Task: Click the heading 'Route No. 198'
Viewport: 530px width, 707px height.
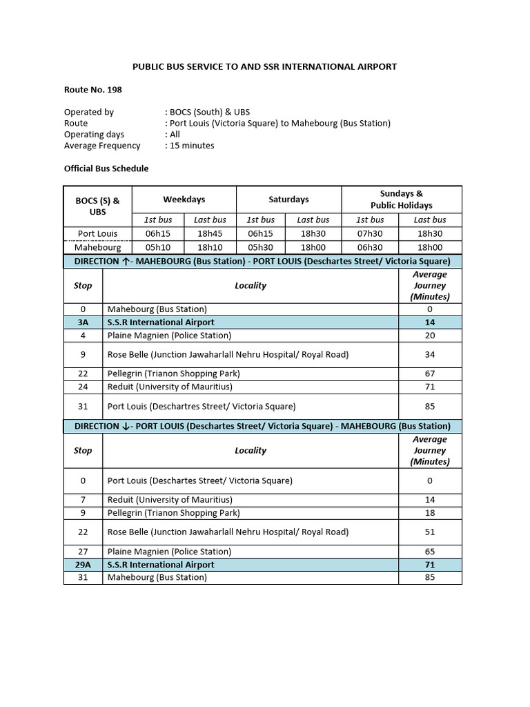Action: pyautogui.click(x=93, y=89)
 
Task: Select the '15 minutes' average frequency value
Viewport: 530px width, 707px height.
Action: pyautogui.click(x=192, y=146)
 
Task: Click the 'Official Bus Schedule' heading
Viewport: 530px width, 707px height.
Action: pyautogui.click(x=106, y=168)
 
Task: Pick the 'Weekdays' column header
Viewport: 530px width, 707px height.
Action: pyautogui.click(x=184, y=199)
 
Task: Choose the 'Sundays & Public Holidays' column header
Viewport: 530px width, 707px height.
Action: pyautogui.click(x=402, y=199)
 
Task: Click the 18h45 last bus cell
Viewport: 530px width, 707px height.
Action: pyautogui.click(x=210, y=233)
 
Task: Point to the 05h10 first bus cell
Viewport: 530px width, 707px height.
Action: pyautogui.click(x=157, y=246)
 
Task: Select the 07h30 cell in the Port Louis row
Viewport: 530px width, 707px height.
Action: pyautogui.click(x=371, y=233)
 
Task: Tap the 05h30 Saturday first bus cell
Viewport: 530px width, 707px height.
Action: pyautogui.click(x=262, y=246)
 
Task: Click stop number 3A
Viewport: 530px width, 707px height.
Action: pyautogui.click(x=83, y=322)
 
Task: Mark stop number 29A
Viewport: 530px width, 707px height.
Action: pyautogui.click(x=83, y=565)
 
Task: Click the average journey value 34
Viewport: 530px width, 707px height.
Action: pyautogui.click(x=430, y=355)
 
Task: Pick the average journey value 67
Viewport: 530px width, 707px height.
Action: pyautogui.click(x=430, y=374)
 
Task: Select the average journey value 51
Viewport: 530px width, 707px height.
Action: pyautogui.click(x=430, y=532)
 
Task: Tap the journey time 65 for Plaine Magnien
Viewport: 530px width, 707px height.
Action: pyautogui.click(x=430, y=552)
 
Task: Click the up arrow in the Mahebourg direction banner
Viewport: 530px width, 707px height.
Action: pyautogui.click(x=125, y=262)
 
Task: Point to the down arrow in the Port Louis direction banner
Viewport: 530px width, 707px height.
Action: pyautogui.click(x=125, y=427)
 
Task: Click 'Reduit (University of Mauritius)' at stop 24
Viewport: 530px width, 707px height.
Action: pyautogui.click(x=170, y=387)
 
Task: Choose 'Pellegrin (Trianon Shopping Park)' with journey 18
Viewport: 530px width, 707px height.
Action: pyautogui.click(x=174, y=513)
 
